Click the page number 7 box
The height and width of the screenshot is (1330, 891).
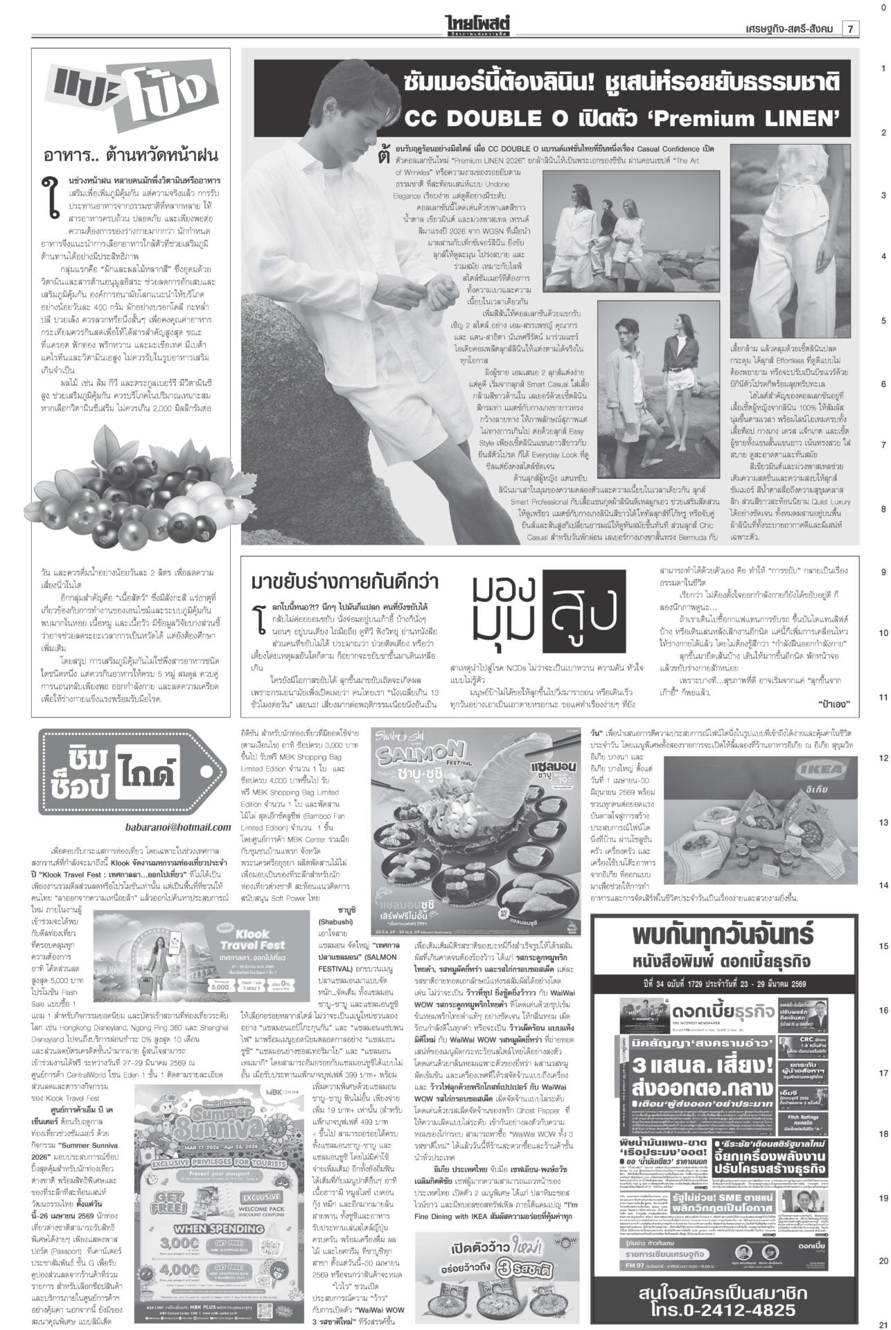(x=850, y=28)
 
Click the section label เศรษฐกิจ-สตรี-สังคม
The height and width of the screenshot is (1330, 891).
(x=782, y=28)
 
